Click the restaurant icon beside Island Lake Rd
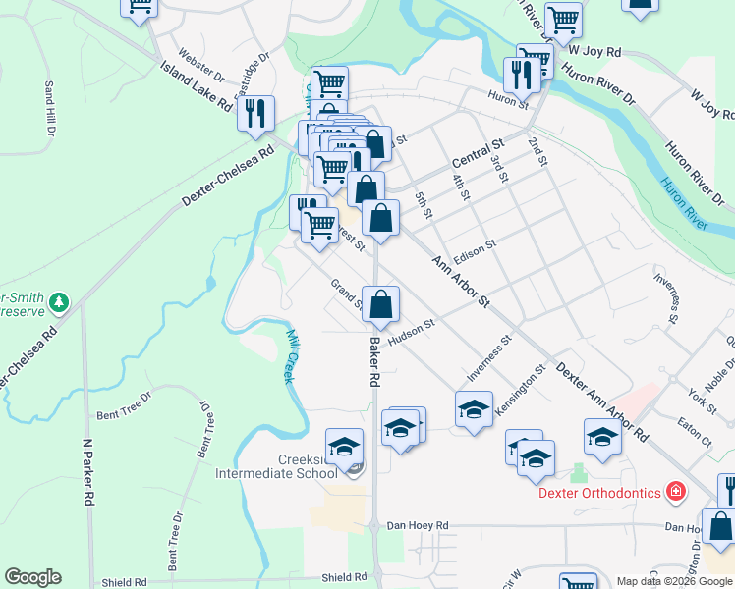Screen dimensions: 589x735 coord(255,113)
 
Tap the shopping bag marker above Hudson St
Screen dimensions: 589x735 coord(380,303)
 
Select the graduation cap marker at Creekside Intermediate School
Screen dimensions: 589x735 coord(344,447)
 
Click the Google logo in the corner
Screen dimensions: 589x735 coord(32,577)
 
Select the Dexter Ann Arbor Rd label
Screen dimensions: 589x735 coord(601,400)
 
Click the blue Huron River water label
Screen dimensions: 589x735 coord(684,203)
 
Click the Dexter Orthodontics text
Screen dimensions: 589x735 coord(599,492)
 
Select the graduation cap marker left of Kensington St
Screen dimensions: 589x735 coord(474,409)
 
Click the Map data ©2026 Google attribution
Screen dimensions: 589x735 coord(674,581)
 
